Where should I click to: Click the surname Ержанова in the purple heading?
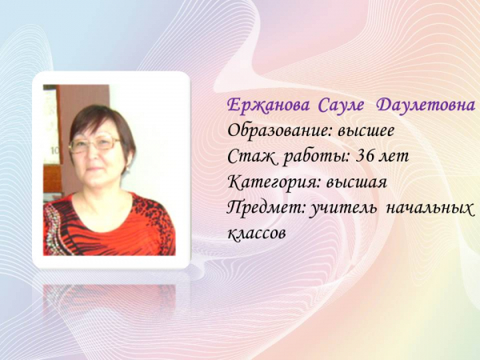268,106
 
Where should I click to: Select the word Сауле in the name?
342,106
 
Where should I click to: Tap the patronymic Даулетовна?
426,106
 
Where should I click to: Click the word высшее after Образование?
366,131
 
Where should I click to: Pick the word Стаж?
252,157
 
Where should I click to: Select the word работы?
317,157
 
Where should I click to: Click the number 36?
366,157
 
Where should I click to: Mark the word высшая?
357,183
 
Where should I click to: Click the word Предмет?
267,208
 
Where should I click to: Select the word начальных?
429,209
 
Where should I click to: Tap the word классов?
257,234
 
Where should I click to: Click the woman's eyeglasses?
94,145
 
